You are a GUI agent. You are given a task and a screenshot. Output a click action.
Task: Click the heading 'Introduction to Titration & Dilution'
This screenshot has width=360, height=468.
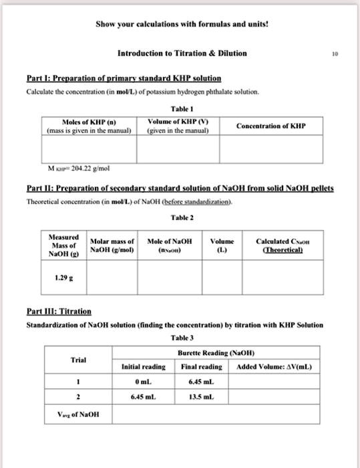coord(182,53)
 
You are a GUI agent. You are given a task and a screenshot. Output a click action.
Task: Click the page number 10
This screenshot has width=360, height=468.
coord(342,53)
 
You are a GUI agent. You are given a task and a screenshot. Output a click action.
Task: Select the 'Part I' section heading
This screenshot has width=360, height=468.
coord(124,78)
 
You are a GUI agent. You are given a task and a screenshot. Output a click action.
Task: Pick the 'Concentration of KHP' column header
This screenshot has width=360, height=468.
coord(271,126)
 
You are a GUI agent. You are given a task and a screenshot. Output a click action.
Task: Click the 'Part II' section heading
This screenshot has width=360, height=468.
coord(180,189)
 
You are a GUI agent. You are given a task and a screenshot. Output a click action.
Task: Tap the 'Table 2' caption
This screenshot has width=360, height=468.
coord(182,217)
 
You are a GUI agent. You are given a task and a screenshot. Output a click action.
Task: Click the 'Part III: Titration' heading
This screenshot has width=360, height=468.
coord(58,312)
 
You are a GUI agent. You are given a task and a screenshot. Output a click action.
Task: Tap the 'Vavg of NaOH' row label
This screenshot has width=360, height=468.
coord(79,414)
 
